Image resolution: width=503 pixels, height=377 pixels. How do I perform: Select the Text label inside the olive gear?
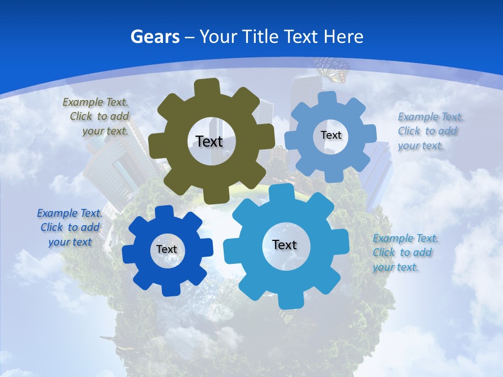209,141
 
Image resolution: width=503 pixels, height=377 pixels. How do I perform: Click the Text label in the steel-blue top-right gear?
331,135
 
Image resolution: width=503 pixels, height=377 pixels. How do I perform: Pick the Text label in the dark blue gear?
167,249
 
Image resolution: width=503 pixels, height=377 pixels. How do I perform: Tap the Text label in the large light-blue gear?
285,245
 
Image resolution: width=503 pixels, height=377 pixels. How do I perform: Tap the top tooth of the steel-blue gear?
328,98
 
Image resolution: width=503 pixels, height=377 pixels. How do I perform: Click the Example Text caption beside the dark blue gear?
70,227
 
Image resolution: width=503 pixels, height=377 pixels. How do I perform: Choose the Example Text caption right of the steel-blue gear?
430,131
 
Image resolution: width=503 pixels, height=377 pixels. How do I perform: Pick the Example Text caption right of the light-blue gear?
404,252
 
